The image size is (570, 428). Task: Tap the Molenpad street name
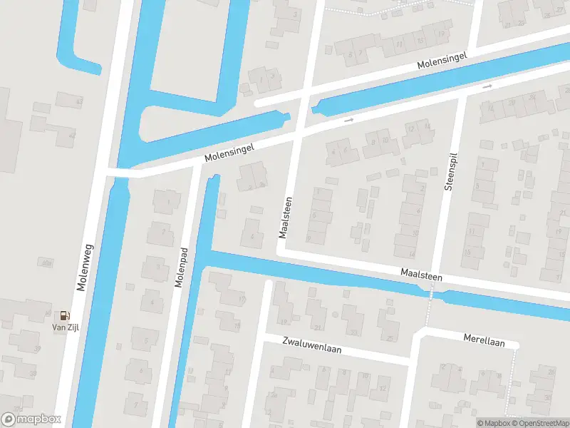click(x=181, y=267)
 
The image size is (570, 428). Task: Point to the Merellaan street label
click(x=484, y=342)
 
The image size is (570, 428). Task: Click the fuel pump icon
click(x=65, y=315)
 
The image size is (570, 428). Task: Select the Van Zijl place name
click(x=65, y=327)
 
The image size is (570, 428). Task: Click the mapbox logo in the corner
click(x=31, y=419)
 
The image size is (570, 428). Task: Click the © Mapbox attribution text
click(x=493, y=423)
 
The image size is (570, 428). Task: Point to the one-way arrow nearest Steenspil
click(x=487, y=86)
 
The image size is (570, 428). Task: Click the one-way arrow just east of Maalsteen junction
click(x=349, y=119)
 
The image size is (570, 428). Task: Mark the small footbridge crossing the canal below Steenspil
click(x=430, y=292)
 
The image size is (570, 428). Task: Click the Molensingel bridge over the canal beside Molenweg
click(x=120, y=173)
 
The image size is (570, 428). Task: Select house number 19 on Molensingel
click(x=442, y=34)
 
